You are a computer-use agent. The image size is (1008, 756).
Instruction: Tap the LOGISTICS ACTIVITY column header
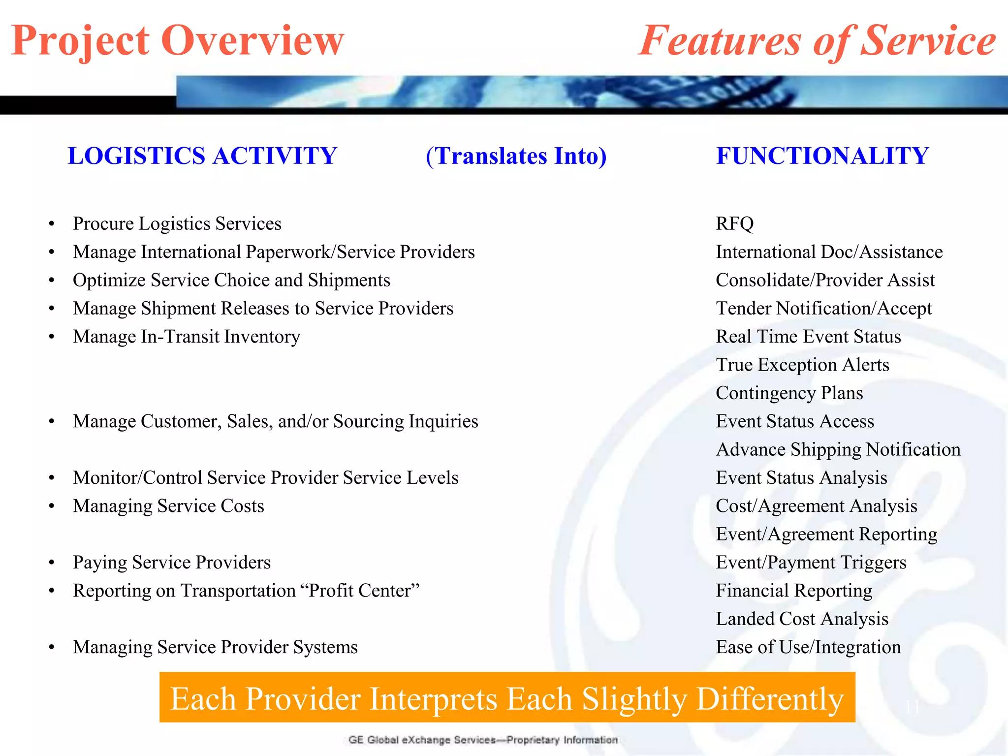coord(202,156)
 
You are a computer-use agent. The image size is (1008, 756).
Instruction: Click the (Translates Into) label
coord(516,156)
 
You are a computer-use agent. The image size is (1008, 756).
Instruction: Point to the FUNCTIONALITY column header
coord(822,156)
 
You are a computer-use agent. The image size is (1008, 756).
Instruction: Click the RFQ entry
coord(734,224)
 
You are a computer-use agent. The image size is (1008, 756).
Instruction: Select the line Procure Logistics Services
coord(177,224)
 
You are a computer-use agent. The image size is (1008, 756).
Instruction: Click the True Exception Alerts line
coord(802,365)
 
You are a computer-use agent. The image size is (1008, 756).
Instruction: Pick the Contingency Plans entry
coord(789,393)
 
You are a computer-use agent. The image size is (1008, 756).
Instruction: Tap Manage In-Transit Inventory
coord(187,337)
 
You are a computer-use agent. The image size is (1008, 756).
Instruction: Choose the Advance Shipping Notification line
coord(838,450)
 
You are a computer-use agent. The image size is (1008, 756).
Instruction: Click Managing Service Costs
coord(168,506)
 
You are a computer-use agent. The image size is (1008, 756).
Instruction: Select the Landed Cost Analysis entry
coord(802,619)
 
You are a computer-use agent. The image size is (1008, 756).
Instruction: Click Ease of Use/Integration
coord(808,647)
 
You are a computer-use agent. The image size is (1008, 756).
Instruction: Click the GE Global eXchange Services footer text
coord(482,740)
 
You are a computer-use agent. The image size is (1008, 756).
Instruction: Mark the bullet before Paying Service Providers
coord(52,563)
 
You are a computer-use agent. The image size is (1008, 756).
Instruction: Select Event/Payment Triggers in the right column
coord(811,563)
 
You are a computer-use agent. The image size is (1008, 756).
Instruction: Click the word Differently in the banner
coord(770,699)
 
